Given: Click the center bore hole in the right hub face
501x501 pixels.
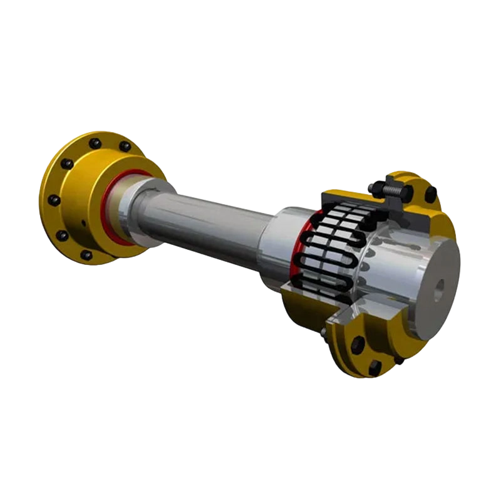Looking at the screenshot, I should click(441, 286).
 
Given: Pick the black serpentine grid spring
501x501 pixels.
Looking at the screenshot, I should click(326, 250).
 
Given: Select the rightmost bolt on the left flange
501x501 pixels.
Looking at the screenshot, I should click(125, 147).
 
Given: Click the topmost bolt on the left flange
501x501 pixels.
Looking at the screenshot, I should click(95, 143).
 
